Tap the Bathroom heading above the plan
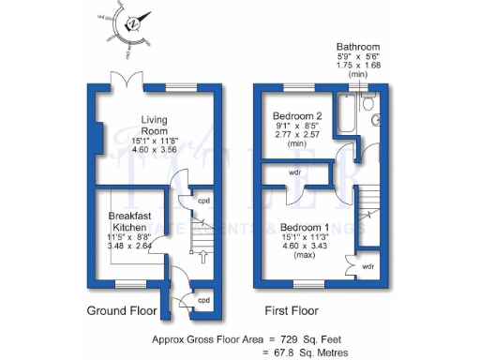click(x=359, y=47)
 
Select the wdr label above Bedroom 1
click(x=294, y=173)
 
